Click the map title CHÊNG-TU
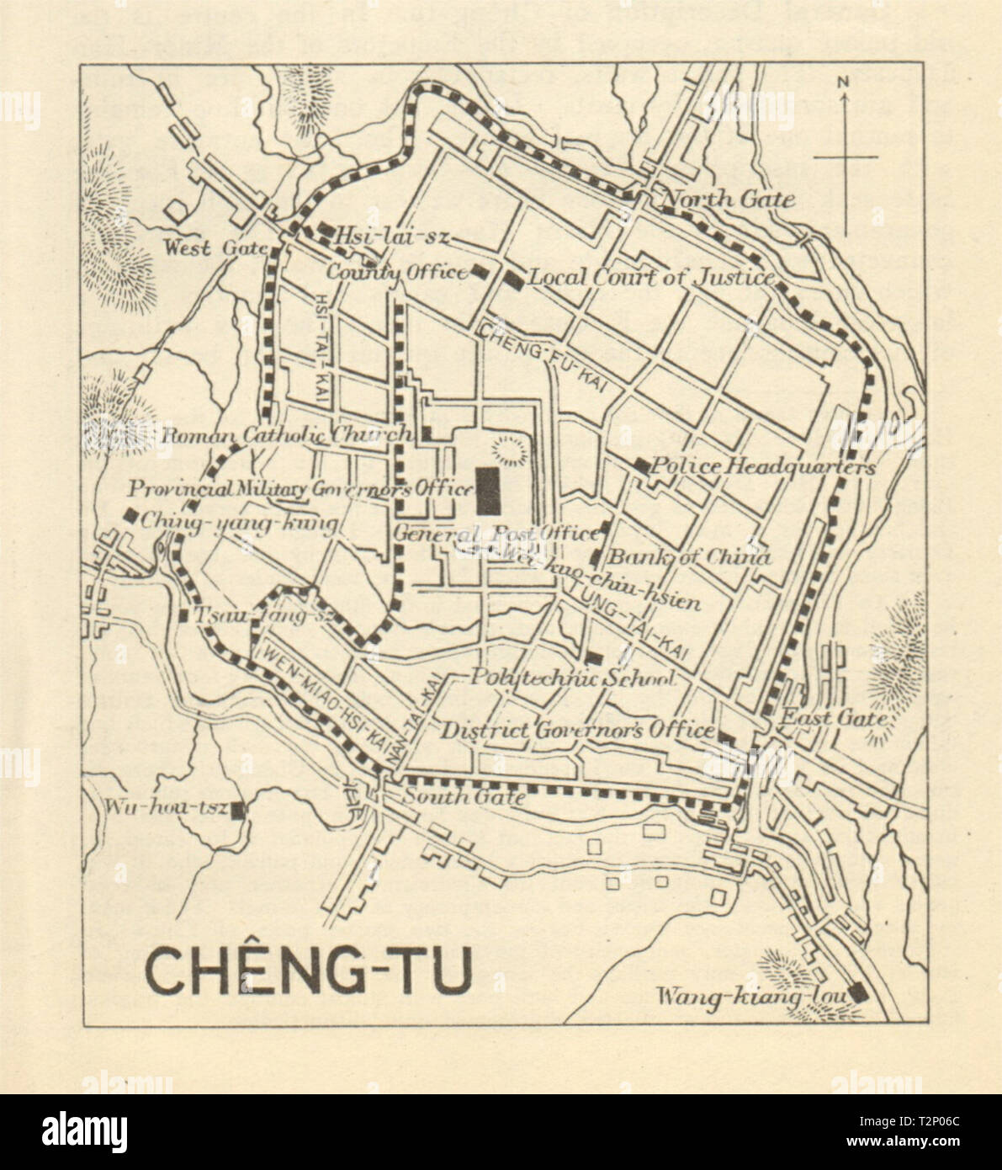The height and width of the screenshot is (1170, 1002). pos(309,971)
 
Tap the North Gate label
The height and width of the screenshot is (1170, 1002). pos(729,199)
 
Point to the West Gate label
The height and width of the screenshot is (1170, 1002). pos(215,247)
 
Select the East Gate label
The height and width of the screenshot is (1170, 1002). pos(834,718)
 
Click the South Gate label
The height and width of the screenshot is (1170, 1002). pos(464,796)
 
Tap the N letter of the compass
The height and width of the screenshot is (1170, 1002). pos(844,82)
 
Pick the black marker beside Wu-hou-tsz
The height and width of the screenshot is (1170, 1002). pos(238,811)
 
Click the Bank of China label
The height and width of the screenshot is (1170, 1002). pos(688,556)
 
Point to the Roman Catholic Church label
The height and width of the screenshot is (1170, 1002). pos(286,435)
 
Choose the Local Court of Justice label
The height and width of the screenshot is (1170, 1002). pos(650,277)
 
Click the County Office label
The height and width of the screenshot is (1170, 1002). pos(395,272)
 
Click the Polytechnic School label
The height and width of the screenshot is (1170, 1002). pos(572,678)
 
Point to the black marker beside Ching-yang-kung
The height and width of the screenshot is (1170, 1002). pos(131,515)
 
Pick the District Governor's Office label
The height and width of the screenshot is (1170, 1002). pos(579,730)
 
